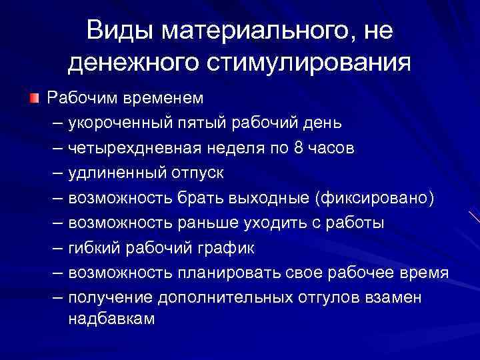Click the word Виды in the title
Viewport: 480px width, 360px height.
tap(119, 31)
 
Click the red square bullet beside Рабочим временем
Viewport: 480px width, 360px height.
tap(34, 99)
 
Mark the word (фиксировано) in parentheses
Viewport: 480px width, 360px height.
tap(378, 198)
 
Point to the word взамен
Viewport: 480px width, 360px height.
tap(393, 297)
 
